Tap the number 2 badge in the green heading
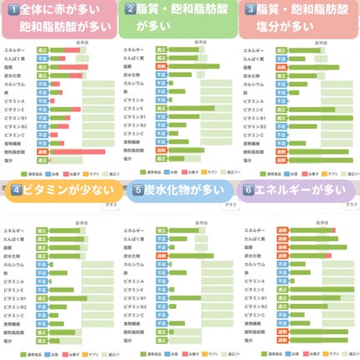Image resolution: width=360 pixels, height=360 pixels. pos(131,10)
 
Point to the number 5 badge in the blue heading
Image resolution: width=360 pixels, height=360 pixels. pos(137,189)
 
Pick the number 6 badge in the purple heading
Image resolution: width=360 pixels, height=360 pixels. pos(249,189)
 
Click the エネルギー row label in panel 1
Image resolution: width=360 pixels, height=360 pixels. pos(14,50)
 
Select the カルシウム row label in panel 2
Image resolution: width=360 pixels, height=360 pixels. pos(134,84)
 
